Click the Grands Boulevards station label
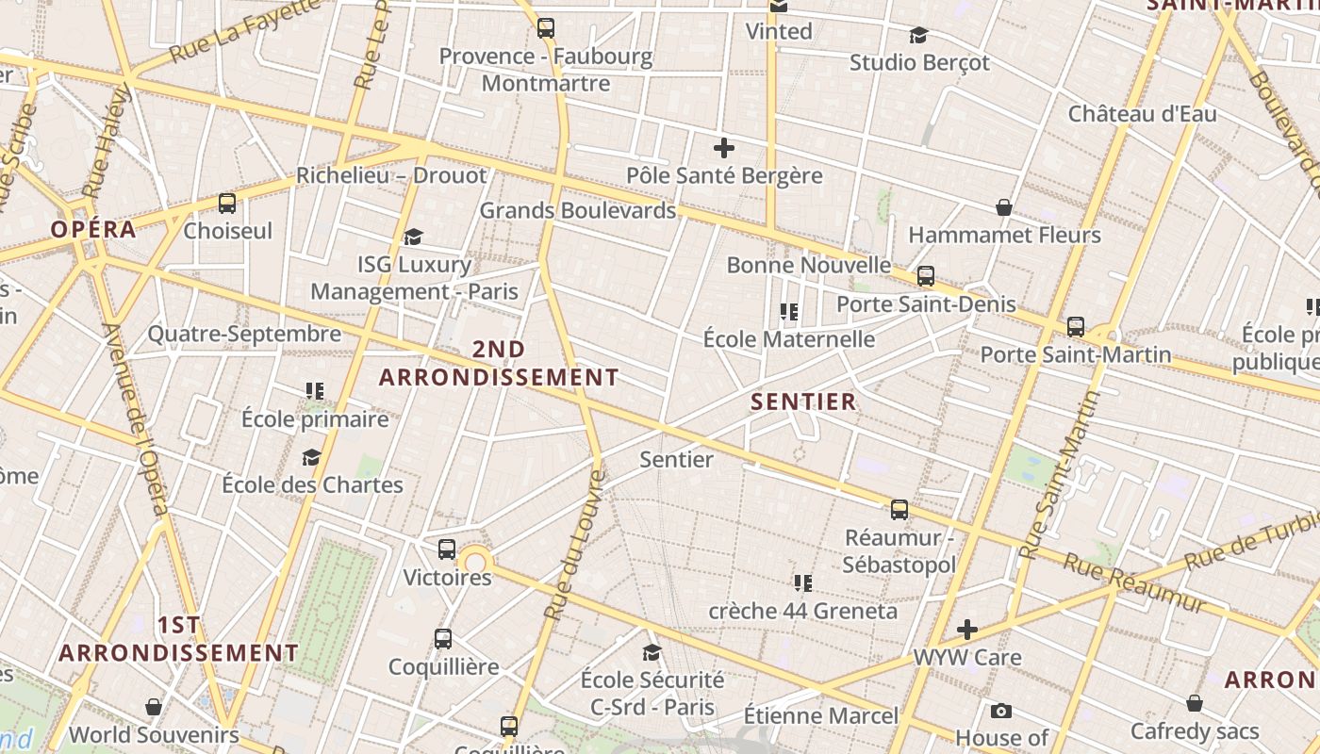click(x=578, y=210)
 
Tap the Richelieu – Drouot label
click(x=391, y=175)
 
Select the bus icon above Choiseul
click(x=227, y=204)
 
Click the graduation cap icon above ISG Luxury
click(x=413, y=237)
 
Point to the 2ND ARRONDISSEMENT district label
click(x=499, y=364)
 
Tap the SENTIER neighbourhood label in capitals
click(x=803, y=402)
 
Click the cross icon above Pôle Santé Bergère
click(x=724, y=148)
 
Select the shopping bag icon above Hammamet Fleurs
click(x=1004, y=207)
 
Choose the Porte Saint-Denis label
click(x=926, y=304)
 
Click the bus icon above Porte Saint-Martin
click(x=1076, y=327)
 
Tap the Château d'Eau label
click(x=1142, y=114)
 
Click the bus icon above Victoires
click(x=447, y=549)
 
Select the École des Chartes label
click(x=312, y=484)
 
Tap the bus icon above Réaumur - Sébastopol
click(x=899, y=510)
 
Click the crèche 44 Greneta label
click(x=803, y=611)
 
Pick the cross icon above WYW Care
click(x=967, y=630)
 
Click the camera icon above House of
click(x=1001, y=711)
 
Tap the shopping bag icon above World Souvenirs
click(x=154, y=707)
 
